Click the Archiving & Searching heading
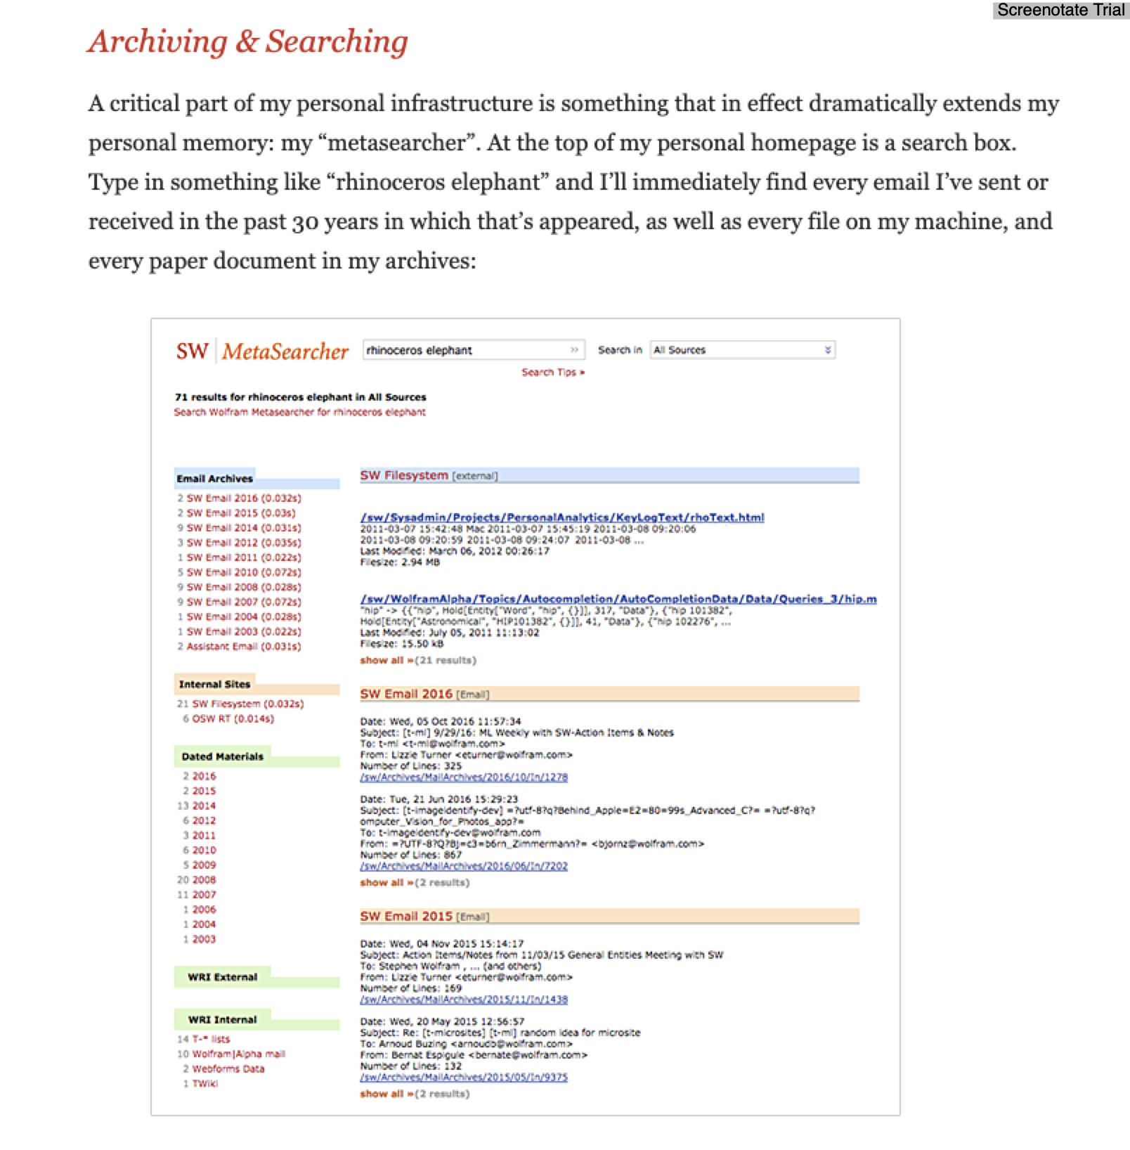(x=247, y=41)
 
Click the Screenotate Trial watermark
(x=1060, y=10)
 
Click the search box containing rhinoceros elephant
(x=467, y=350)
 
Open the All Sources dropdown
(x=742, y=350)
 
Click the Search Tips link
(x=552, y=373)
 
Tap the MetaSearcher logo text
(x=285, y=351)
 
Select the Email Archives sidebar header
(x=214, y=479)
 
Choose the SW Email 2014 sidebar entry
(x=243, y=528)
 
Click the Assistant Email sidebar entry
(x=243, y=647)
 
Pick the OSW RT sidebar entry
(x=233, y=718)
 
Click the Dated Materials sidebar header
(x=222, y=757)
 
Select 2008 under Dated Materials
(x=204, y=880)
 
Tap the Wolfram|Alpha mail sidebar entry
(x=238, y=1054)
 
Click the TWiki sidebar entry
(x=204, y=1084)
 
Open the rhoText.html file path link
(x=561, y=517)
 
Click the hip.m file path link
(x=618, y=599)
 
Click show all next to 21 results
(x=383, y=661)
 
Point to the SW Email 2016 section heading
(x=406, y=694)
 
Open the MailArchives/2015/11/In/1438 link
(x=464, y=1000)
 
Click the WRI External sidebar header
(x=222, y=977)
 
